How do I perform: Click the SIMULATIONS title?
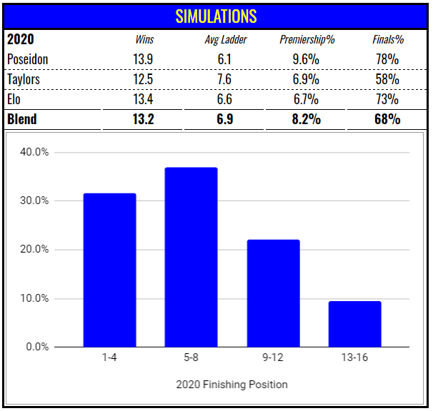click(216, 16)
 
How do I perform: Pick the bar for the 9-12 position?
click(273, 293)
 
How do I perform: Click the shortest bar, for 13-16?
click(354, 324)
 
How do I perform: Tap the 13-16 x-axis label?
click(354, 357)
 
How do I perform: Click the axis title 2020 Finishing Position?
click(232, 385)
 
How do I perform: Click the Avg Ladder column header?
click(226, 40)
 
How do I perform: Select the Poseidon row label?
click(29, 59)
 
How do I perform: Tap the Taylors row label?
click(25, 79)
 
